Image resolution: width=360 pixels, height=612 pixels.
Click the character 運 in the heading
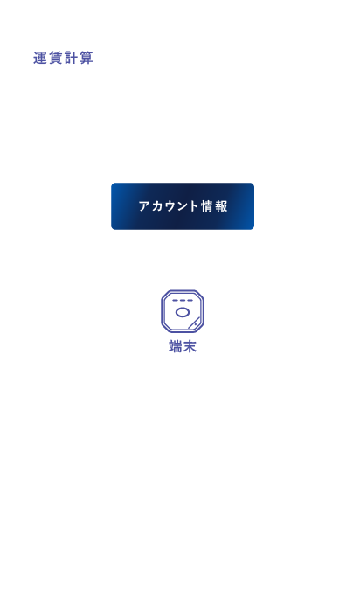point(40,58)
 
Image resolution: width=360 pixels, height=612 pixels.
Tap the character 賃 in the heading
point(55,58)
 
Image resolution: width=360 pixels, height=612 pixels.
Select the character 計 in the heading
point(71,58)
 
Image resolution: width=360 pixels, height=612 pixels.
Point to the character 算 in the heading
point(87,58)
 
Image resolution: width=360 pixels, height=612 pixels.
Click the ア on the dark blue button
point(144,206)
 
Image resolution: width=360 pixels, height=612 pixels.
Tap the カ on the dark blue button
point(156,206)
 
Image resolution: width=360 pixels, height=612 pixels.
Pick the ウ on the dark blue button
point(170,206)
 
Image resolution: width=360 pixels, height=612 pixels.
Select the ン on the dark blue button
point(182,206)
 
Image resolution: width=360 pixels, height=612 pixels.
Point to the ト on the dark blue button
point(193,206)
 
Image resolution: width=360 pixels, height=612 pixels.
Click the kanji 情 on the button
point(207,206)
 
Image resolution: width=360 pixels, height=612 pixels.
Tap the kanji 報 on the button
point(221,206)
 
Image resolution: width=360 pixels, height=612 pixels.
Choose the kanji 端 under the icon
point(176,346)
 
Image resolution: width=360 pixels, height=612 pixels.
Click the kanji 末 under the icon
point(190,346)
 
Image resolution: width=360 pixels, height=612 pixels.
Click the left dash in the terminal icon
point(175,301)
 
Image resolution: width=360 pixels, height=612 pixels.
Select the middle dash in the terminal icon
point(183,301)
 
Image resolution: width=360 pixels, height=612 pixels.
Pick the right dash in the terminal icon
point(190,301)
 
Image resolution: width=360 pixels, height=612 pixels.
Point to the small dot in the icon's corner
point(195,325)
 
